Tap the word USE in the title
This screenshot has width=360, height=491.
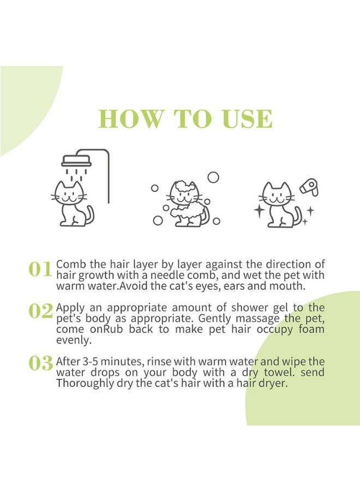point(245,119)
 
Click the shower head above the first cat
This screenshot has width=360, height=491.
point(76,161)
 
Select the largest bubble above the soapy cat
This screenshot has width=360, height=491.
point(213,177)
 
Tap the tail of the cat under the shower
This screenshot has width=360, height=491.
point(88,215)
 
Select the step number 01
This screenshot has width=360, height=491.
point(40,269)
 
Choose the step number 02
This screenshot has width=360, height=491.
point(40,310)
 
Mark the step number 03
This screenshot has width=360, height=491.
point(40,363)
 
